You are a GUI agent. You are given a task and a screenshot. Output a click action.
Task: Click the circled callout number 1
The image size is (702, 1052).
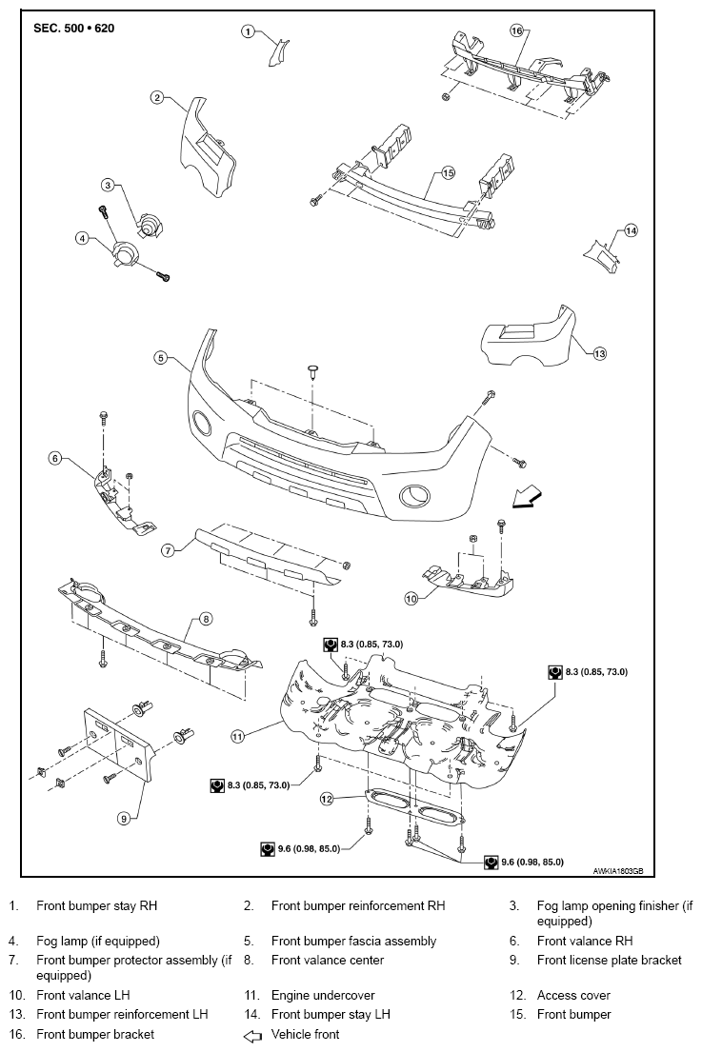coord(249,30)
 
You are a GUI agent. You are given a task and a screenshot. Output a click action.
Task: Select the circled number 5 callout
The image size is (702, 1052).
coord(160,358)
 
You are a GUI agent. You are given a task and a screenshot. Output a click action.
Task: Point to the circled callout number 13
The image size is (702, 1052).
coord(599,353)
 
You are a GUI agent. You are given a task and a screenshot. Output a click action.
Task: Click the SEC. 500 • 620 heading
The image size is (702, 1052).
coord(74,29)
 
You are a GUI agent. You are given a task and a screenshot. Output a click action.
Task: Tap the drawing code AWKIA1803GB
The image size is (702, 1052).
coord(617,871)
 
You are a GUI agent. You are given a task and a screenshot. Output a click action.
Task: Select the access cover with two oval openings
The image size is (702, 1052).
coord(413,805)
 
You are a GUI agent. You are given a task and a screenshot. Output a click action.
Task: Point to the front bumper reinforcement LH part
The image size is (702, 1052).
coord(531,337)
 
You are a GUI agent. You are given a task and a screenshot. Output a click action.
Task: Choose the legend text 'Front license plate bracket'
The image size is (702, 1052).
coord(610,960)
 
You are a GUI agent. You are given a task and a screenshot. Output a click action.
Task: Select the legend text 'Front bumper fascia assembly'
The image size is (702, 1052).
coord(353,941)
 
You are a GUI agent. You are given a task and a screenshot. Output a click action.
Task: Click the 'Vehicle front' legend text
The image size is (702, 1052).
coord(306,1034)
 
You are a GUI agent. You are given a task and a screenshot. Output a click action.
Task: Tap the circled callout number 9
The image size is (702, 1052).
coord(124,818)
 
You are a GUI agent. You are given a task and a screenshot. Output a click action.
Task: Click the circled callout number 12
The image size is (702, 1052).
coord(327,799)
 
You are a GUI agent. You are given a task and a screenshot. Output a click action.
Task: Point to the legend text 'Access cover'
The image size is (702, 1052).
coord(573,995)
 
